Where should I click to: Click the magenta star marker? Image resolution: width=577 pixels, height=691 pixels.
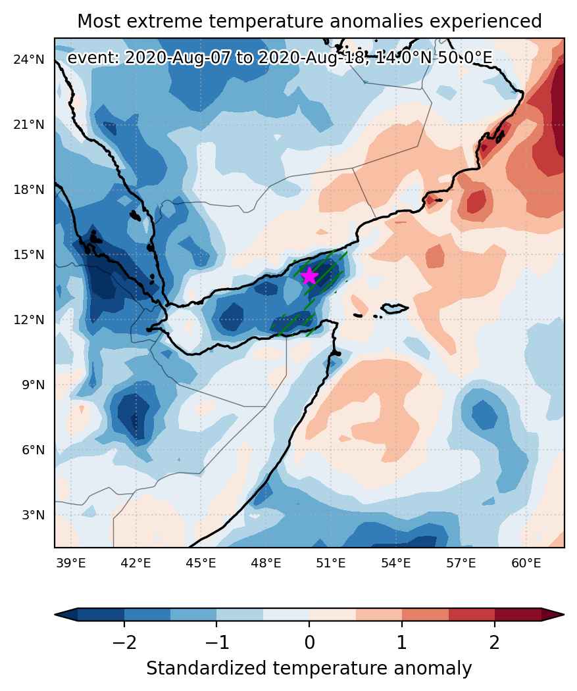pos(309,275)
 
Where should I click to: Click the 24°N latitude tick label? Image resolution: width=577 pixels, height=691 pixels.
pos(29,59)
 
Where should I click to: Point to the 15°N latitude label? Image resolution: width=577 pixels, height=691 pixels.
pos(29,254)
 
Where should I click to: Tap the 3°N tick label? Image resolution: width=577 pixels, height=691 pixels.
pos(34,515)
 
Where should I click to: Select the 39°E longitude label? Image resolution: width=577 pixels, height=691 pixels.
pos(71,563)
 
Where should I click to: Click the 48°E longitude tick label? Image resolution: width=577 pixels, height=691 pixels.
pos(266,563)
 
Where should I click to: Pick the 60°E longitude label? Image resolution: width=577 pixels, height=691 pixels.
pos(526,563)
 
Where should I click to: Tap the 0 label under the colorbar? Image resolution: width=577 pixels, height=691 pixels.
pos(309,642)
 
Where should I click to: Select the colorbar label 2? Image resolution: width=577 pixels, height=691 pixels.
pos(495,642)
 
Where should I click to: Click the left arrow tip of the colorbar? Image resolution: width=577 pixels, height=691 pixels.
pos(55,614)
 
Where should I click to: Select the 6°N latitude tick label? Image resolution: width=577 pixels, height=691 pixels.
pos(34,450)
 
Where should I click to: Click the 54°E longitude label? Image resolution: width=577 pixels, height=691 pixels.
pos(395,563)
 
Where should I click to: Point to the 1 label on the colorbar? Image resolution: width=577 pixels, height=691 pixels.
pos(401,642)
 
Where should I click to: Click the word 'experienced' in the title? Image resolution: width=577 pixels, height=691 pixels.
pos(486,22)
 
